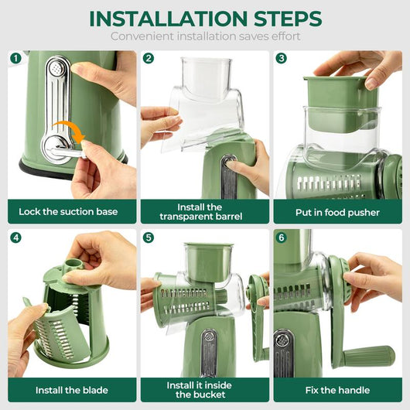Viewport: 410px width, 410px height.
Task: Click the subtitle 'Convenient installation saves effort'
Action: [x=205, y=36]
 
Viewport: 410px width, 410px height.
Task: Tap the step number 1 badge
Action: [x=16, y=59]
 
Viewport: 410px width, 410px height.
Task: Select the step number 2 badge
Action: [x=149, y=59]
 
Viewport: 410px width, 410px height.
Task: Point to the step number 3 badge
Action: [x=282, y=59]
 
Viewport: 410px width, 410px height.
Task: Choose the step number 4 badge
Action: [x=16, y=237]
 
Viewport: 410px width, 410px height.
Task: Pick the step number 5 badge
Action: [x=149, y=237]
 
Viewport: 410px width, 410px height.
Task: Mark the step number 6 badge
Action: [x=282, y=237]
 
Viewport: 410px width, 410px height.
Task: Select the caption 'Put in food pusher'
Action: [x=337, y=212]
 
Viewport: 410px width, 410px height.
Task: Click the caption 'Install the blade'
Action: [x=72, y=390]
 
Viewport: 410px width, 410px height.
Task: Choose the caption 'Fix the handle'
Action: [x=337, y=390]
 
